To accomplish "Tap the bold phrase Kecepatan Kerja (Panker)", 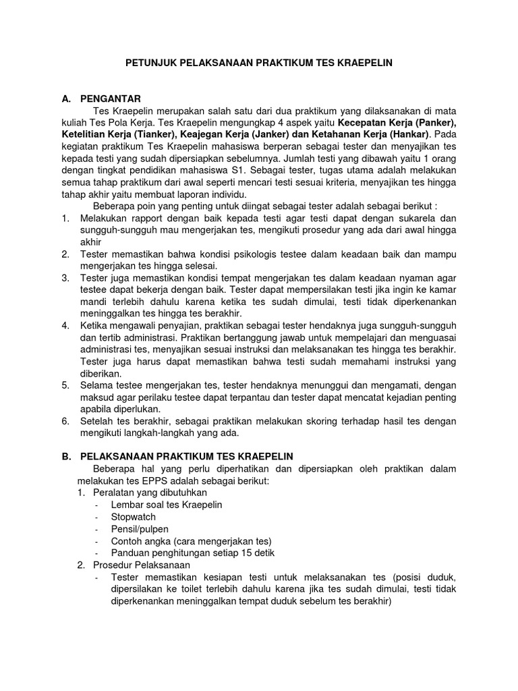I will pyautogui.click(x=397, y=123).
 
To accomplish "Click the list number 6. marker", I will pyautogui.click(x=65, y=421).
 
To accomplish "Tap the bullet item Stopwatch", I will pyautogui.click(x=134, y=517).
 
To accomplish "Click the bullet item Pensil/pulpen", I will pyautogui.click(x=140, y=529).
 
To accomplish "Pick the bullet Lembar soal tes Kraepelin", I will pyautogui.click(x=167, y=505).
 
